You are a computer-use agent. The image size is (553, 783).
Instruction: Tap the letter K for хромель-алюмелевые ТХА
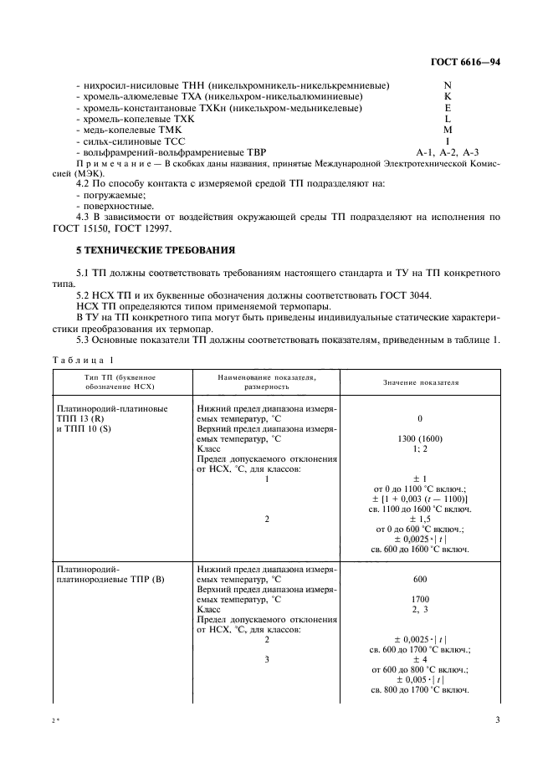448,97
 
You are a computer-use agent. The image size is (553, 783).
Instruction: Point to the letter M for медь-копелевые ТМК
448,130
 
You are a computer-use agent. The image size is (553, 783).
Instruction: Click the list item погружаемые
110,195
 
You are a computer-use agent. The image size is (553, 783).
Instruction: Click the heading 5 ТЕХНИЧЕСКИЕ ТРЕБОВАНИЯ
156,250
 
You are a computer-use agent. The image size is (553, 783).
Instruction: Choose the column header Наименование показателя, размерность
267,382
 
